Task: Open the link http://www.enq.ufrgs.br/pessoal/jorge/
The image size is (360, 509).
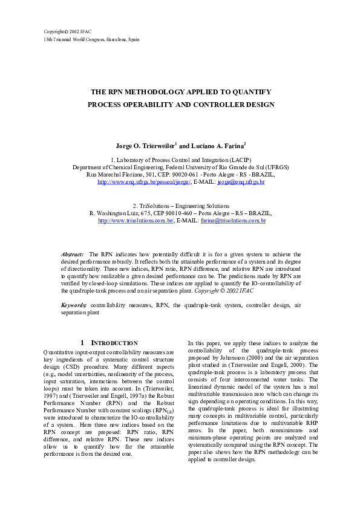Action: [x=145, y=181]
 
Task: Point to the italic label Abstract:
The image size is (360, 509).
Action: [x=73, y=254]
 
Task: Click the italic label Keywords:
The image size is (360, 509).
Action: [x=74, y=306]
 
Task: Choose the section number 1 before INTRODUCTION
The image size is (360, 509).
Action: [x=82, y=343]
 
